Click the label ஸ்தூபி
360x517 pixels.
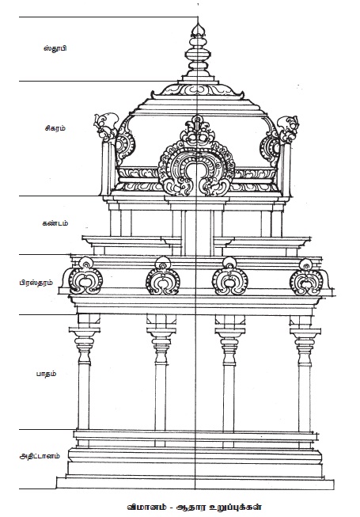click(55, 48)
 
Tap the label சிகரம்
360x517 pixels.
click(55, 128)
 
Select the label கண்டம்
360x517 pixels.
click(55, 223)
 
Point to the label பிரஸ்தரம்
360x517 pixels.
click(36, 283)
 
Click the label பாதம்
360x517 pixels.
click(46, 374)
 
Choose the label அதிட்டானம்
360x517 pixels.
click(40, 456)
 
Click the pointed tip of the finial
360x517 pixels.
click(198, 23)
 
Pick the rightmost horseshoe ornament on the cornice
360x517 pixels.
click(306, 277)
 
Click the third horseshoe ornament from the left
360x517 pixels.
click(230, 276)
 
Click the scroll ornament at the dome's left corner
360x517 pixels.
click(106, 126)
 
